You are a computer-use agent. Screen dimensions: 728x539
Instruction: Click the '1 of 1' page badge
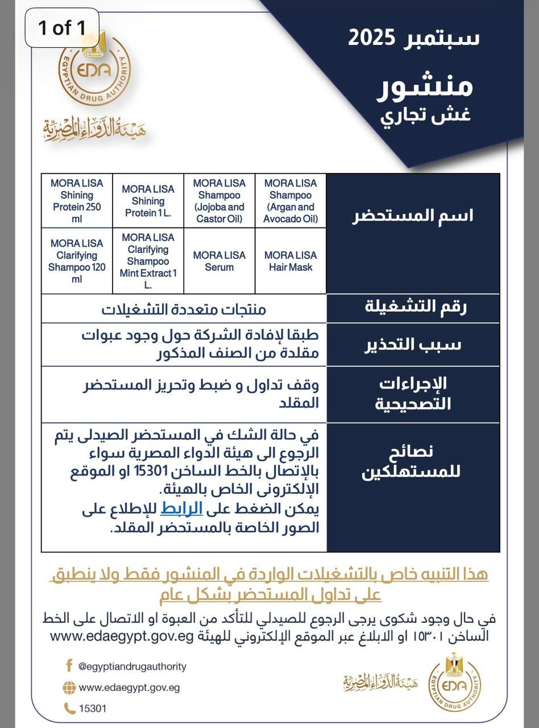click(x=63, y=27)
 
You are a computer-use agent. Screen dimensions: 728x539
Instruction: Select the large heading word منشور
click(x=425, y=87)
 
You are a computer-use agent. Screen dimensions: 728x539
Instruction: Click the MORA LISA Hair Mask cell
click(x=291, y=261)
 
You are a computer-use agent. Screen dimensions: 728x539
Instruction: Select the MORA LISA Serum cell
click(x=219, y=261)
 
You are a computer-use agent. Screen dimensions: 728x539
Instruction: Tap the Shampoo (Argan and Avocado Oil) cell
click(x=291, y=201)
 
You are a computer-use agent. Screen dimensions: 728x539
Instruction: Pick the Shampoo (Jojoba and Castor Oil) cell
click(x=219, y=201)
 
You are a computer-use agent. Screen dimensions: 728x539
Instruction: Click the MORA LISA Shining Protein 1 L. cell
click(x=148, y=201)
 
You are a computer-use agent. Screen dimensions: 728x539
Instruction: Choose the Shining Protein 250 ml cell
click(x=77, y=201)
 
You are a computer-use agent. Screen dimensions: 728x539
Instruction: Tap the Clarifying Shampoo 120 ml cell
click(x=77, y=261)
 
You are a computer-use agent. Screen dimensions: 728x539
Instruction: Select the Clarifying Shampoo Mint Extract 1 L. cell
click(x=148, y=261)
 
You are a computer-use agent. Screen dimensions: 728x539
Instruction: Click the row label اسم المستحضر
click(x=412, y=216)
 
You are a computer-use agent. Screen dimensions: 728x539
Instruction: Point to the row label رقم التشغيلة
click(x=412, y=308)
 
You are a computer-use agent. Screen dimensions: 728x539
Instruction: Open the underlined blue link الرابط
click(x=177, y=508)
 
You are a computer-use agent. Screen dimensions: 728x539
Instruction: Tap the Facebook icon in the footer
click(x=69, y=665)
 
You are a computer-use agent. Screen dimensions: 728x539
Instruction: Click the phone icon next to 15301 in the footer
click(x=69, y=708)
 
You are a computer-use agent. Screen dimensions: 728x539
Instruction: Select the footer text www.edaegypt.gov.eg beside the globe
click(x=129, y=687)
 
